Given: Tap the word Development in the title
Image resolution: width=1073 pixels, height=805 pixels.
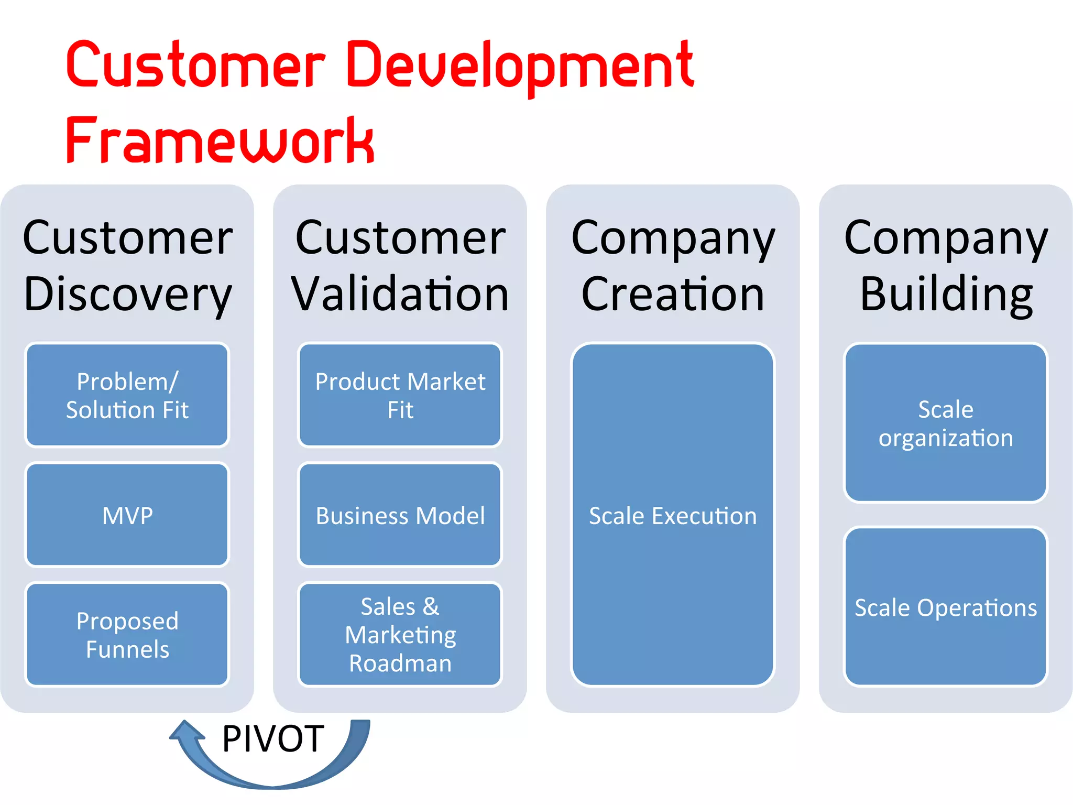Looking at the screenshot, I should [520, 66].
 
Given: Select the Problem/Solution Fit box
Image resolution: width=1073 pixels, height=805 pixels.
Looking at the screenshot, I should [127, 395].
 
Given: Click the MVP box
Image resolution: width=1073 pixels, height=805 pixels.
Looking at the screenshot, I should [127, 515].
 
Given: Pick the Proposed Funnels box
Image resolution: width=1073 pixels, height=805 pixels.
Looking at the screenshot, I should [127, 635].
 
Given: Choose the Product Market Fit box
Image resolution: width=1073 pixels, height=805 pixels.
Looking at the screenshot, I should [400, 395].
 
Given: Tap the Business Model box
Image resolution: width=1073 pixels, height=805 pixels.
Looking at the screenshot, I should [400, 515].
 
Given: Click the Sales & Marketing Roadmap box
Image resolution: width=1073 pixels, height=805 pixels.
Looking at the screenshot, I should [400, 635].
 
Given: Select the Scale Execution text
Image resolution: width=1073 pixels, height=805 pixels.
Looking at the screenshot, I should [673, 516].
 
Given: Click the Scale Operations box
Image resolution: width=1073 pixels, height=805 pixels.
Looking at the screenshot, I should [946, 607].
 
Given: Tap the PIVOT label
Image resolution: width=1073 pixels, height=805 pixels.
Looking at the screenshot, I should [273, 738].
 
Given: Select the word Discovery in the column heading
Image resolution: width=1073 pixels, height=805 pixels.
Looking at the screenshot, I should [127, 295].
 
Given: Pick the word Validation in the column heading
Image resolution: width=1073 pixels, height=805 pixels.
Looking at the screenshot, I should [400, 295].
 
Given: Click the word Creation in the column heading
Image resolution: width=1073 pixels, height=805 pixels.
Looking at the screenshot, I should [673, 295].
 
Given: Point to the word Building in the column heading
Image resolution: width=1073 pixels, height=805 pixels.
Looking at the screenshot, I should [946, 295].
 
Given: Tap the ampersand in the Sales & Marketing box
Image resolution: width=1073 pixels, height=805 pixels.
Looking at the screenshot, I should [431, 607].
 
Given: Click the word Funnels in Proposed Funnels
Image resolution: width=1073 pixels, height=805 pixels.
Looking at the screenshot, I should [127, 650].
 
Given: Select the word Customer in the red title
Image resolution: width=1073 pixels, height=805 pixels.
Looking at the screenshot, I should [195, 66].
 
